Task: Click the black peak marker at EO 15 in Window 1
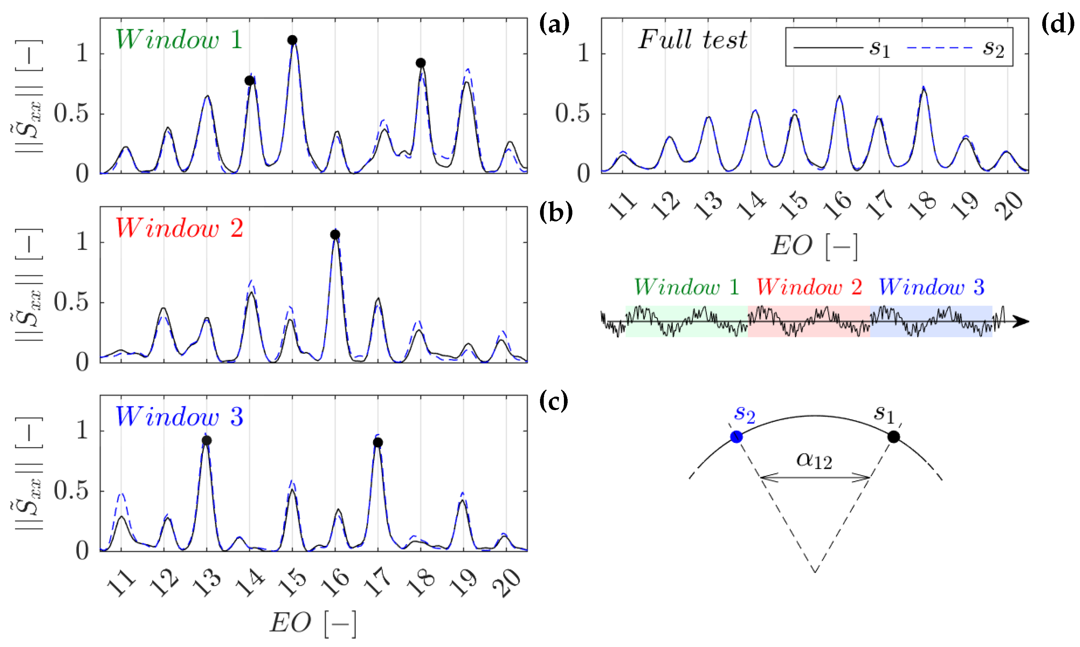(x=292, y=40)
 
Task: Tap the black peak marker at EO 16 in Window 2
(x=335, y=235)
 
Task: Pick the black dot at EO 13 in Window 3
(x=207, y=440)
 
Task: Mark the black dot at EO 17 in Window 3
(x=378, y=442)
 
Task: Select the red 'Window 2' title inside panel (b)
(x=179, y=228)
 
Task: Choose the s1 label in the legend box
(x=879, y=48)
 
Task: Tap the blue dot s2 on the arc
(x=737, y=437)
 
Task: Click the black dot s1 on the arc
(x=893, y=436)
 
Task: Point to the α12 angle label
(x=814, y=460)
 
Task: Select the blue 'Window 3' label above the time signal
(x=931, y=287)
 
